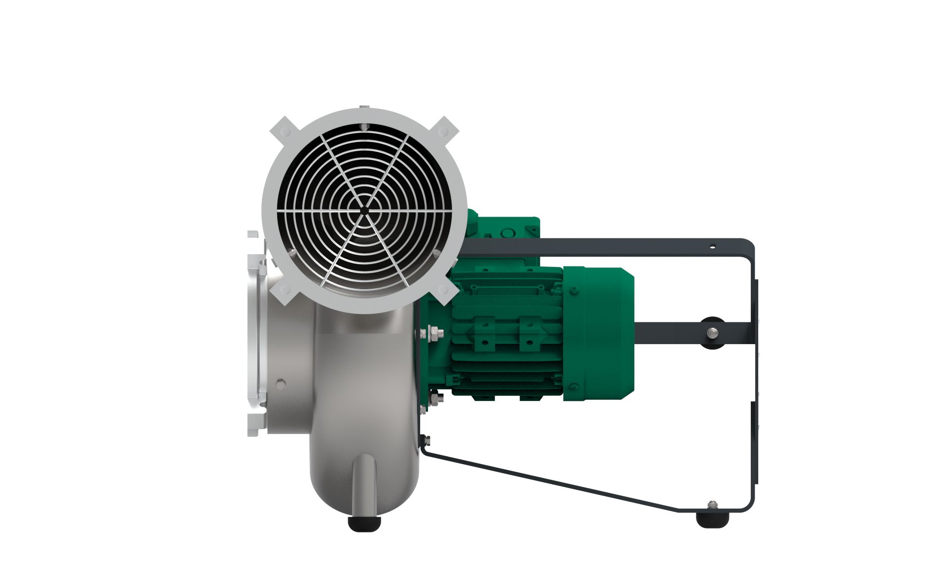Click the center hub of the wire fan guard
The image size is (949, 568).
364,211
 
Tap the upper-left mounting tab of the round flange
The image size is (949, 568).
285,131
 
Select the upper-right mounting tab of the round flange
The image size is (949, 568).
443,131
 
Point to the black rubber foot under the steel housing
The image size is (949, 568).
365,523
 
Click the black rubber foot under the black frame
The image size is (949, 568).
712,519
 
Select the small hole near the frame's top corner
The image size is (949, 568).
712,246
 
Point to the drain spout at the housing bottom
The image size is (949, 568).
364,484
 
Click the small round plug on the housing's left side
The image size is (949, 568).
281,383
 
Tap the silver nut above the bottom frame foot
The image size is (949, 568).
712,504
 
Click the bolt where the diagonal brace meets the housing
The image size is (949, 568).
426,440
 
